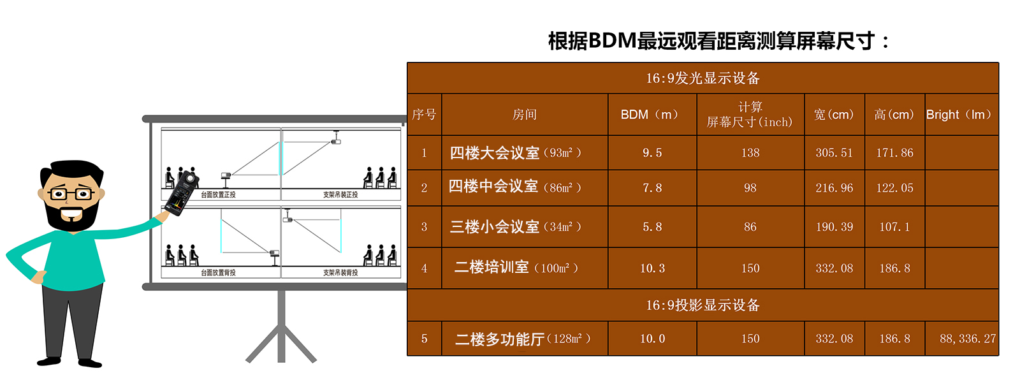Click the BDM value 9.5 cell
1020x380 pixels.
click(652, 153)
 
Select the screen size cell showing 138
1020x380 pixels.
click(750, 153)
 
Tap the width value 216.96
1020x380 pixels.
click(834, 188)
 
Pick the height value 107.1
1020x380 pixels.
click(894, 227)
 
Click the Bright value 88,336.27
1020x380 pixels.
click(967, 339)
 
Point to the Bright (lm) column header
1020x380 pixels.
click(961, 115)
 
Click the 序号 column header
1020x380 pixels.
click(424, 115)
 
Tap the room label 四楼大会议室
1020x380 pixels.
click(495, 153)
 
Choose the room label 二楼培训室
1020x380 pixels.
click(492, 268)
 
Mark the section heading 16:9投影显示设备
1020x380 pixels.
click(703, 305)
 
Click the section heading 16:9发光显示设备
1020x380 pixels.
click(703, 78)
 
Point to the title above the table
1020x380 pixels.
click(718, 41)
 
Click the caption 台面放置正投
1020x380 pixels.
click(218, 195)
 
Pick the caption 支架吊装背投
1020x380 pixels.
click(340, 273)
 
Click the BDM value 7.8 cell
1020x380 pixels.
click(652, 188)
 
